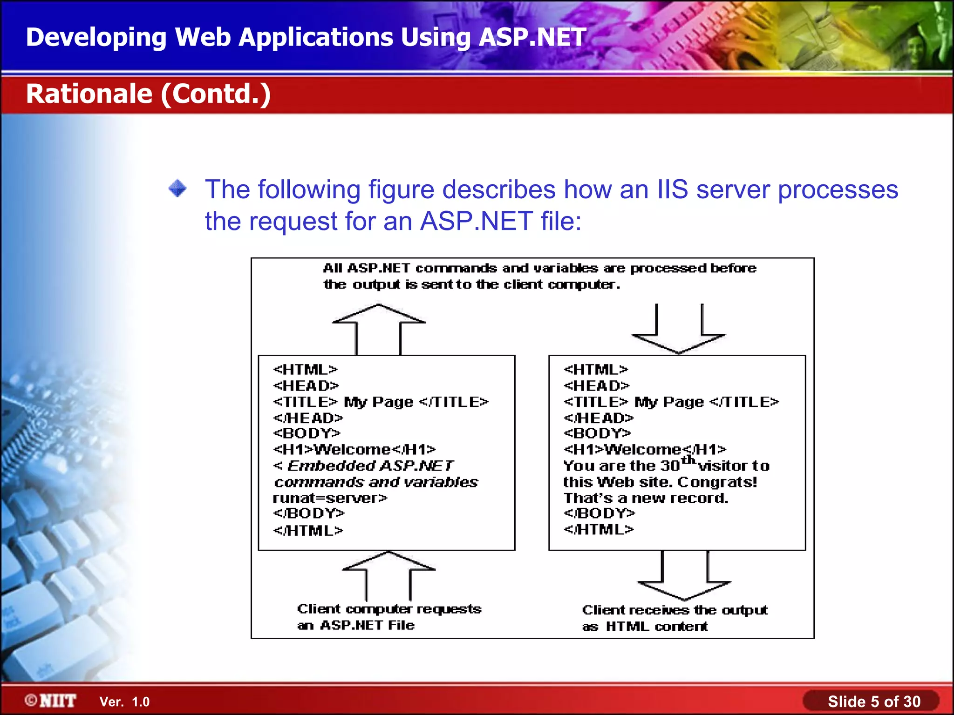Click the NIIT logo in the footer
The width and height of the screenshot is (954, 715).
pos(51,701)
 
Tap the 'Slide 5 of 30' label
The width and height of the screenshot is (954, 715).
pos(873,702)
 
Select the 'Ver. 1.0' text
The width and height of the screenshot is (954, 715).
pos(124,702)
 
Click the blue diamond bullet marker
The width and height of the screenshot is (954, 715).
pos(177,189)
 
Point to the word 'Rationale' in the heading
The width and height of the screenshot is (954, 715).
pos(89,94)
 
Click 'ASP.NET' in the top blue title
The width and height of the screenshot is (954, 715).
pos(532,37)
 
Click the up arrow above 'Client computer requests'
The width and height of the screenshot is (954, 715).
pos(388,575)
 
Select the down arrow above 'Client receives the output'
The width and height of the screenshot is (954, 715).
pos(684,577)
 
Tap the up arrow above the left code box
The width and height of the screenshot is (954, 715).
pos(378,328)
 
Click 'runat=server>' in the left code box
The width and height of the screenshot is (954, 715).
pos(330,498)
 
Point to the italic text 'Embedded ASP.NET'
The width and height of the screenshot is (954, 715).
pos(370,465)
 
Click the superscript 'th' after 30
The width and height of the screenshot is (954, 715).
pos(688,460)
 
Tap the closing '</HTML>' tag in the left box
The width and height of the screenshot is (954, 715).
pos(308,530)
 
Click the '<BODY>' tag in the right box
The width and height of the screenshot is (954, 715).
pos(597,433)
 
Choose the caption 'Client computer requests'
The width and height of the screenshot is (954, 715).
pos(389,609)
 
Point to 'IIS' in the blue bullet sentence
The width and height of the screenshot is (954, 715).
pos(672,189)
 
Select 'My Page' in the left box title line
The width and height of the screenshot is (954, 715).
pos(378,402)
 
